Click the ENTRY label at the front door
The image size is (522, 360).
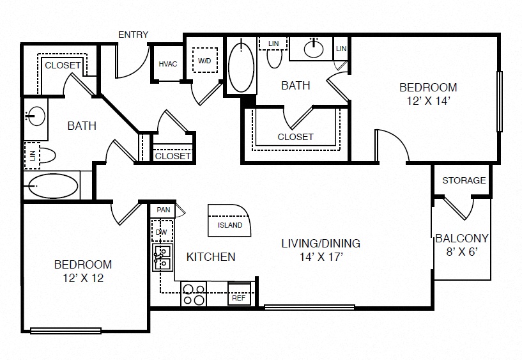[x=133, y=35]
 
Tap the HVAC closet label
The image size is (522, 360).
[x=168, y=64]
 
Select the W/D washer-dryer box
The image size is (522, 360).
[x=204, y=60]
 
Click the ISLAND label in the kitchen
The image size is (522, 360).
[x=230, y=225]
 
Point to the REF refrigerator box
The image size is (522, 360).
[x=239, y=293]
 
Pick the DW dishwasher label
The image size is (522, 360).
[x=162, y=231]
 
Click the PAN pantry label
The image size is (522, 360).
[x=164, y=210]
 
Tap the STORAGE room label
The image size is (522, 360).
[x=464, y=180]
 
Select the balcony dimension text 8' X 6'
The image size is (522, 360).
[x=462, y=252]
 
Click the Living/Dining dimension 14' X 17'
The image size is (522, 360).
[x=321, y=257]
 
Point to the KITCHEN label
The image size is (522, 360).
[x=211, y=257]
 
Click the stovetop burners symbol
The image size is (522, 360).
[x=194, y=293]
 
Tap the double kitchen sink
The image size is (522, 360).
[x=162, y=257]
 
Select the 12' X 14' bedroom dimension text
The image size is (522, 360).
[x=429, y=100]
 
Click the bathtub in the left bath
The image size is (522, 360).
[x=53, y=186]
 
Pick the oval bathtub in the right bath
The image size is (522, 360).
[x=241, y=66]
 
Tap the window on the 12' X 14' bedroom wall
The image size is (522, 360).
[x=499, y=101]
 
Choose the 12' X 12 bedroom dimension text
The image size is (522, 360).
[x=83, y=278]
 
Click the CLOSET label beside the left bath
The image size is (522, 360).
[x=63, y=65]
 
